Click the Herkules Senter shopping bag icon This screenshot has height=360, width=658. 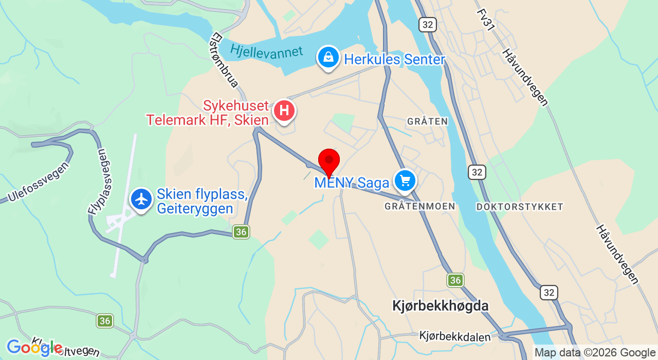(x=328, y=57)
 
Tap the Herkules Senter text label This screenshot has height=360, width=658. (x=394, y=60)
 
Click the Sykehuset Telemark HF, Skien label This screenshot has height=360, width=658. (x=208, y=113)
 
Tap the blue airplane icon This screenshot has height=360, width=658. (x=141, y=200)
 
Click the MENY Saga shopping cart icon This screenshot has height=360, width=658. (x=405, y=181)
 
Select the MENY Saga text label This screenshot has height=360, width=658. (x=352, y=183)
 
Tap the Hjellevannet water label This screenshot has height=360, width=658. (x=267, y=52)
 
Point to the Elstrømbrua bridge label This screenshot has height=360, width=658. (x=225, y=60)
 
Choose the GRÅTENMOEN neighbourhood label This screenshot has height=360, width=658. (x=419, y=206)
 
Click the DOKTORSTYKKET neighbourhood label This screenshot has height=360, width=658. (x=520, y=207)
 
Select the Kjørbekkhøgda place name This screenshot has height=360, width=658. (x=440, y=306)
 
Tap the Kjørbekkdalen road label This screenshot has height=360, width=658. (x=454, y=336)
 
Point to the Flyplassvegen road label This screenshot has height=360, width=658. (x=97, y=182)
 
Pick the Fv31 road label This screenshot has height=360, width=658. (x=485, y=20)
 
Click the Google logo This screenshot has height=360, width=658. (x=34, y=348)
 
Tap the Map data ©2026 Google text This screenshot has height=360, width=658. (x=595, y=353)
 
